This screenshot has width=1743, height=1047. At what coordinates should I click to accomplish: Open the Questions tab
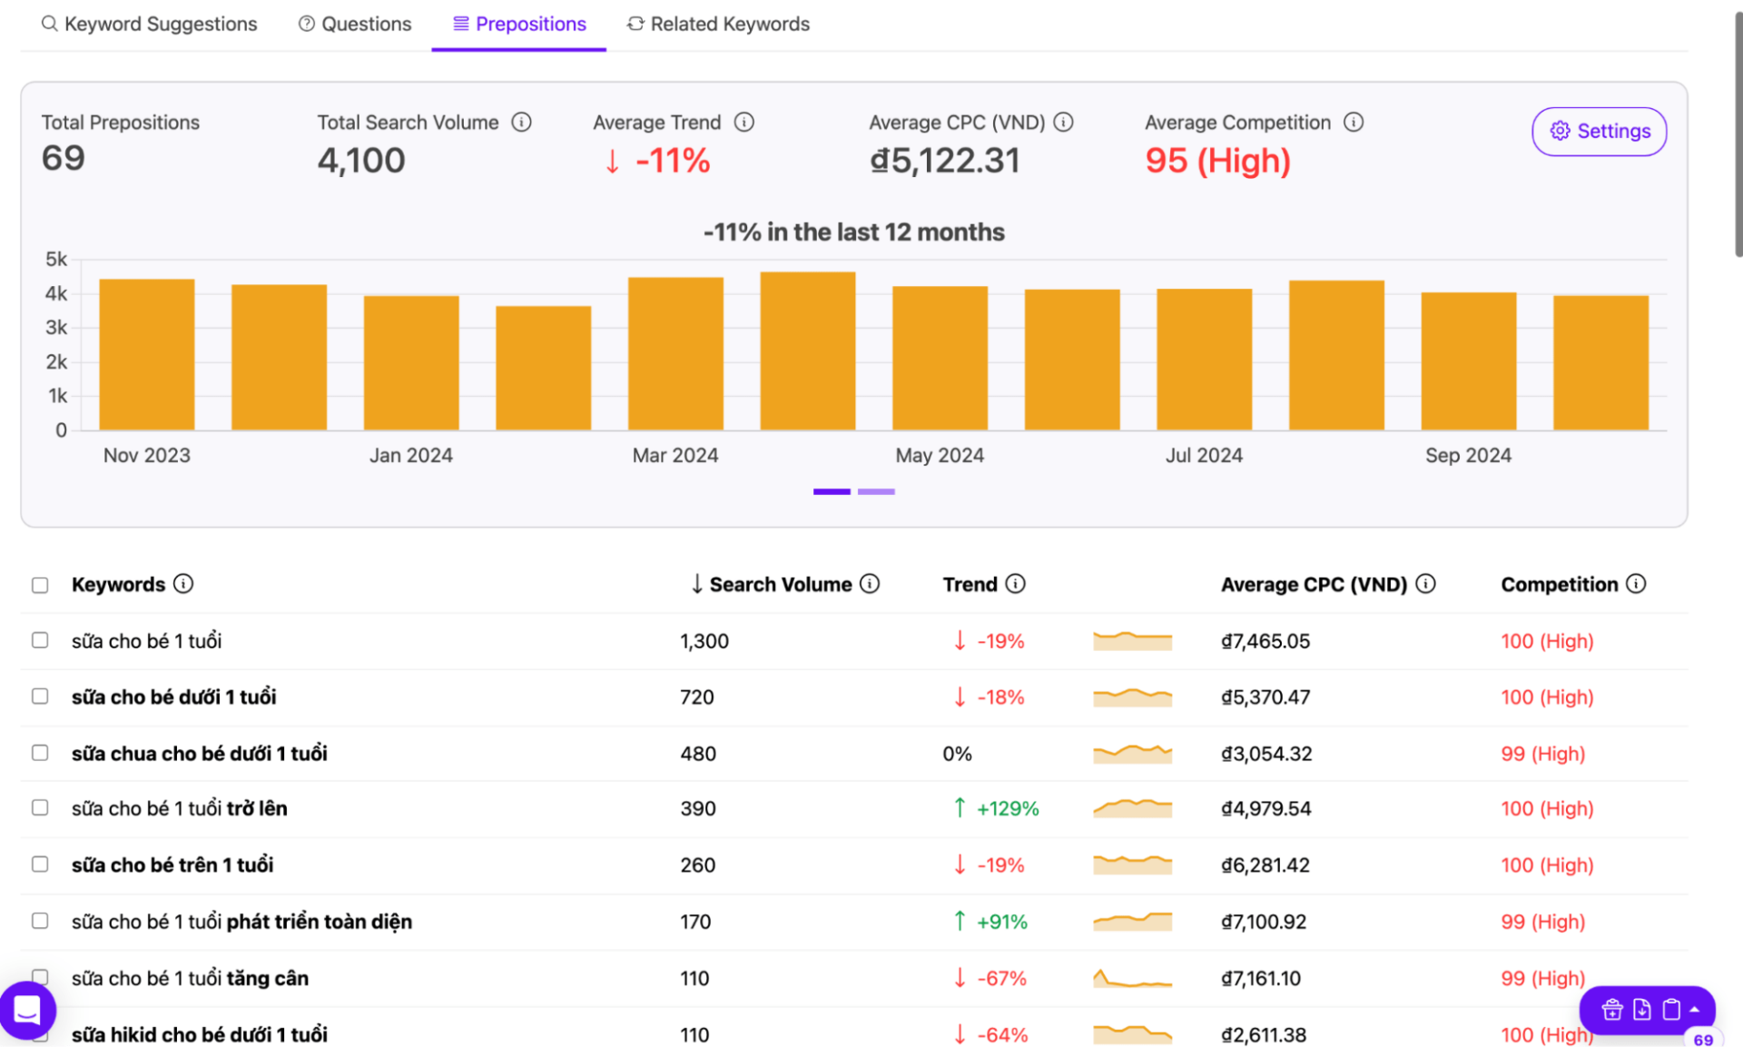355,24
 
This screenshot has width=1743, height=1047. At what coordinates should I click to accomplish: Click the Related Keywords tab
718,24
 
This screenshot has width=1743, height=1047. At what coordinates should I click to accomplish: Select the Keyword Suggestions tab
150,24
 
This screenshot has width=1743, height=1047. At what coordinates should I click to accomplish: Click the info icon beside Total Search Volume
521,122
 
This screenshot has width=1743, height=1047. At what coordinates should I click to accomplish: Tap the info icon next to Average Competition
1354,122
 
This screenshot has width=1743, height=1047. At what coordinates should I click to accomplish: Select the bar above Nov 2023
147,354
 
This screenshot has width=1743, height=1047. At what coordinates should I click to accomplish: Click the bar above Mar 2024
675,353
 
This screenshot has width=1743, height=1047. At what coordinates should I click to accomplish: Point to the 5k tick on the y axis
56,260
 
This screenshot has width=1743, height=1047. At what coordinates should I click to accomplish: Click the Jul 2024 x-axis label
1204,455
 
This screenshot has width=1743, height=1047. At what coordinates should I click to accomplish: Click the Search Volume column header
780,584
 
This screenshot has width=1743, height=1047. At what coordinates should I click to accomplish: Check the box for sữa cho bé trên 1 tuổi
40,864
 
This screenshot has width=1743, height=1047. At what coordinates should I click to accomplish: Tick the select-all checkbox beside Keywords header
40,585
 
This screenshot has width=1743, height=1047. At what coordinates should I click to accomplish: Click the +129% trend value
1007,808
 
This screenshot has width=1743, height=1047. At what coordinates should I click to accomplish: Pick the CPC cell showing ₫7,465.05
1265,641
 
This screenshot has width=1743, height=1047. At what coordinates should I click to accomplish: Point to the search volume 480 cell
698,754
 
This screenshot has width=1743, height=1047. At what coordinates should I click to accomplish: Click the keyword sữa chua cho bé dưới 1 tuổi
200,754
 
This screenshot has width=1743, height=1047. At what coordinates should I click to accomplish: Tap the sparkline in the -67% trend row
1132,978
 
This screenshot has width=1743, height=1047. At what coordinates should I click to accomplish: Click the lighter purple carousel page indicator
876,491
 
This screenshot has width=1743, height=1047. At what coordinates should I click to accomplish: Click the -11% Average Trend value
673,161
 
